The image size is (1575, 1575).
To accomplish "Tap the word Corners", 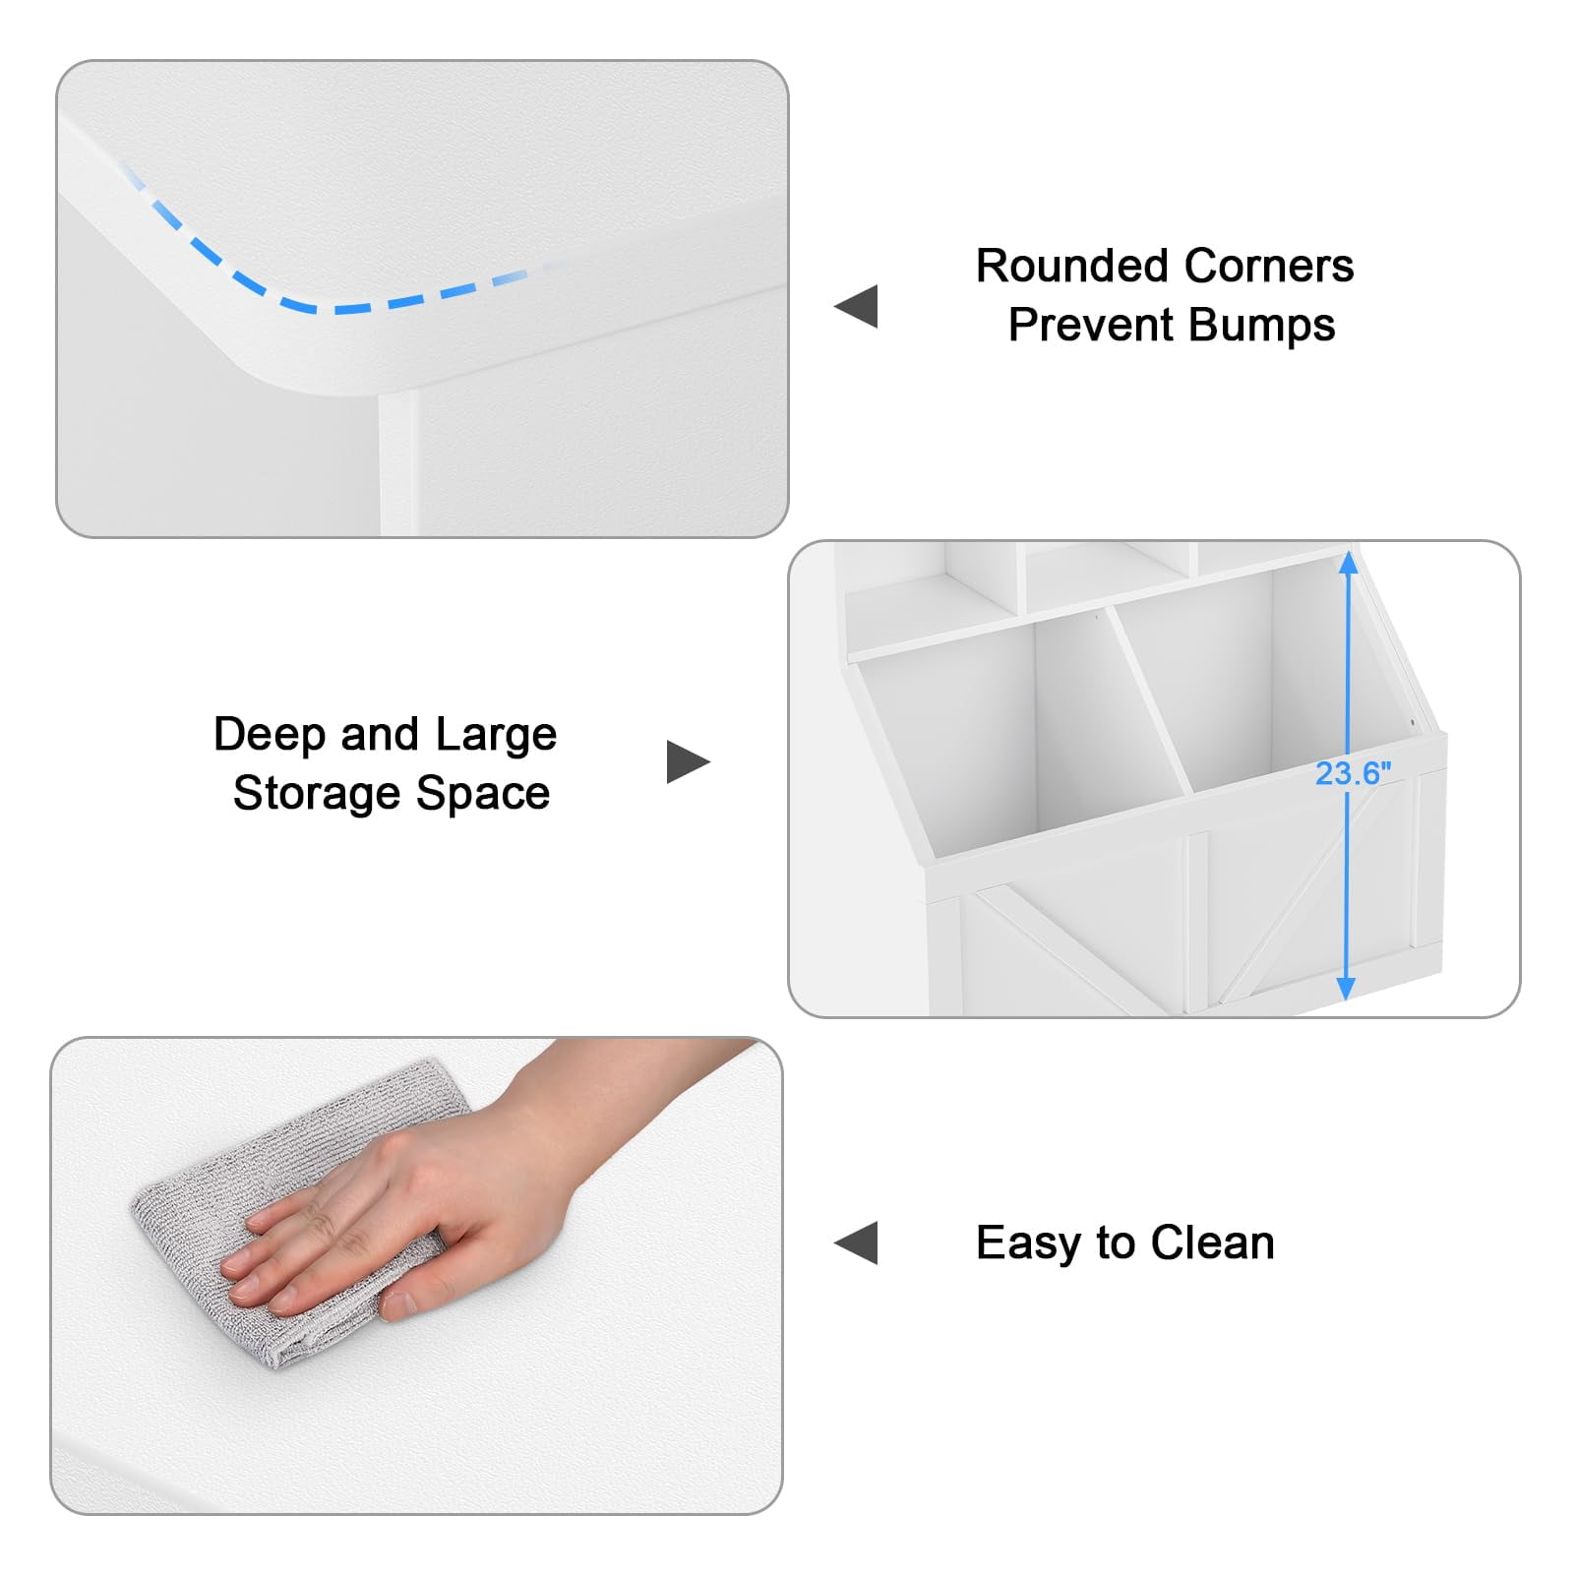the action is click(1269, 266).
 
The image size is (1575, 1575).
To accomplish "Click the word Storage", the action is click(318, 794).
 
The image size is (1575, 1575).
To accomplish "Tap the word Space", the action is click(483, 794).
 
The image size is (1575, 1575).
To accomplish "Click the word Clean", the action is click(1213, 1242).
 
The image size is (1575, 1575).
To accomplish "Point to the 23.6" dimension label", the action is click(1354, 774).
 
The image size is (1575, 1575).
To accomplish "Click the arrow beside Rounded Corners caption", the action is click(856, 306).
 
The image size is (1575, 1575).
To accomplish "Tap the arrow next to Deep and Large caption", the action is click(689, 761).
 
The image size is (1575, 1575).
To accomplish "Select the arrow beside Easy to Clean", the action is click(856, 1242).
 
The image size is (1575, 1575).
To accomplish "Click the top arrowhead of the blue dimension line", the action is click(1349, 563).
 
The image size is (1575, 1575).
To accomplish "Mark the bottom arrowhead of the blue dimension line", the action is click(1347, 989).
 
